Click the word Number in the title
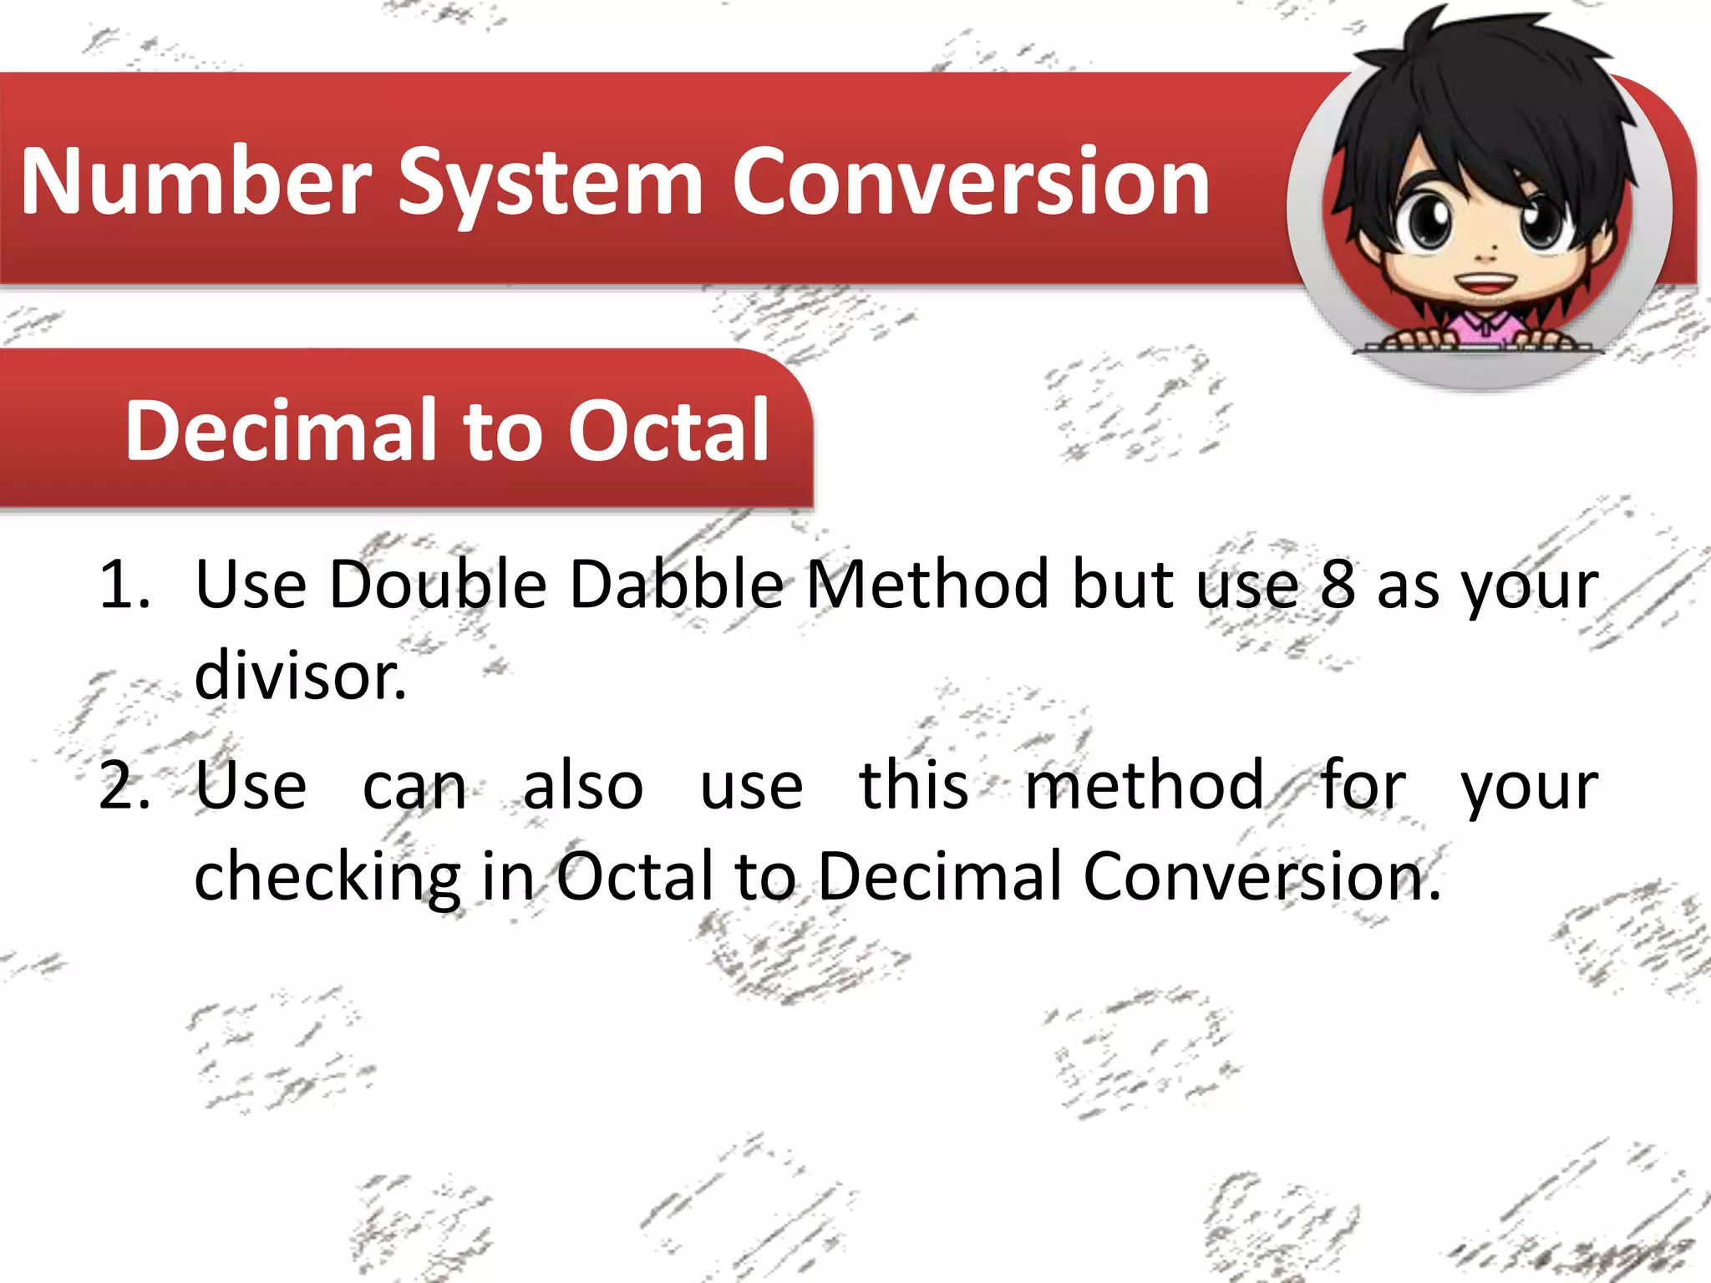[x=195, y=181]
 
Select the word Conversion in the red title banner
[x=971, y=181]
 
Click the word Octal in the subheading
[x=668, y=430]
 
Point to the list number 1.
[x=124, y=584]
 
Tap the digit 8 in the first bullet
[x=1338, y=584]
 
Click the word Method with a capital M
[x=927, y=584]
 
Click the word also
[x=583, y=786]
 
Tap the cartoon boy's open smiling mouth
[x=1485, y=283]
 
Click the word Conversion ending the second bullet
[x=1262, y=877]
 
